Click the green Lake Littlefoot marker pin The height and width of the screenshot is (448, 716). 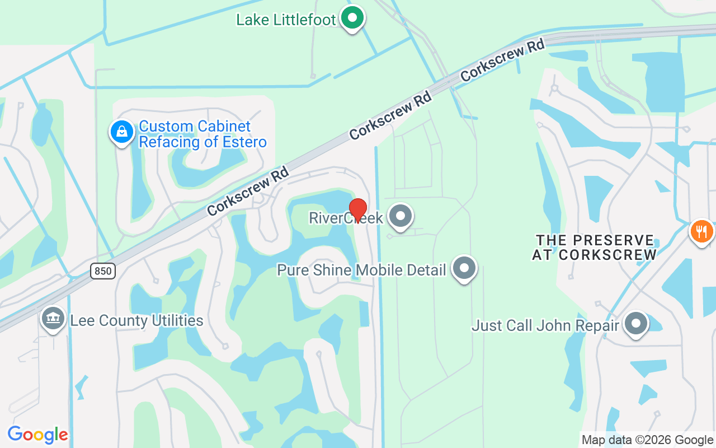pyautogui.click(x=352, y=18)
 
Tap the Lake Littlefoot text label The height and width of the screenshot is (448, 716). pyautogui.click(x=286, y=20)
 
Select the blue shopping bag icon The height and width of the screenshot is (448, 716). pyautogui.click(x=121, y=132)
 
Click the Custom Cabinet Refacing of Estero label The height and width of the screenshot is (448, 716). pyautogui.click(x=202, y=134)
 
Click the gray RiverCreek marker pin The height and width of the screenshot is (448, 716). pyautogui.click(x=401, y=216)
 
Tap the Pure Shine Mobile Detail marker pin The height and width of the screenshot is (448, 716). pyautogui.click(x=464, y=268)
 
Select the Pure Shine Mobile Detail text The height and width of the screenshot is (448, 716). pyautogui.click(x=361, y=270)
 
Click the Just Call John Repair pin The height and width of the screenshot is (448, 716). pyautogui.click(x=635, y=324)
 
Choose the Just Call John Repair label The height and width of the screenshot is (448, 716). pyautogui.click(x=545, y=325)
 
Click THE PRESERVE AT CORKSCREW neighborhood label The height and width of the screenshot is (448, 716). pyautogui.click(x=594, y=248)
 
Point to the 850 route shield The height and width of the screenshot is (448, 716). pyautogui.click(x=103, y=271)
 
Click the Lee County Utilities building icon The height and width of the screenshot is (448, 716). pyautogui.click(x=53, y=318)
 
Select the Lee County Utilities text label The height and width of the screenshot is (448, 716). pyautogui.click(x=136, y=321)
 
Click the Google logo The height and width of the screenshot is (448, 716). pyautogui.click(x=37, y=435)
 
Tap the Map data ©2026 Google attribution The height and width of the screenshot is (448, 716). pyautogui.click(x=647, y=440)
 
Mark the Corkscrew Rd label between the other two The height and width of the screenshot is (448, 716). pyautogui.click(x=390, y=116)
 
